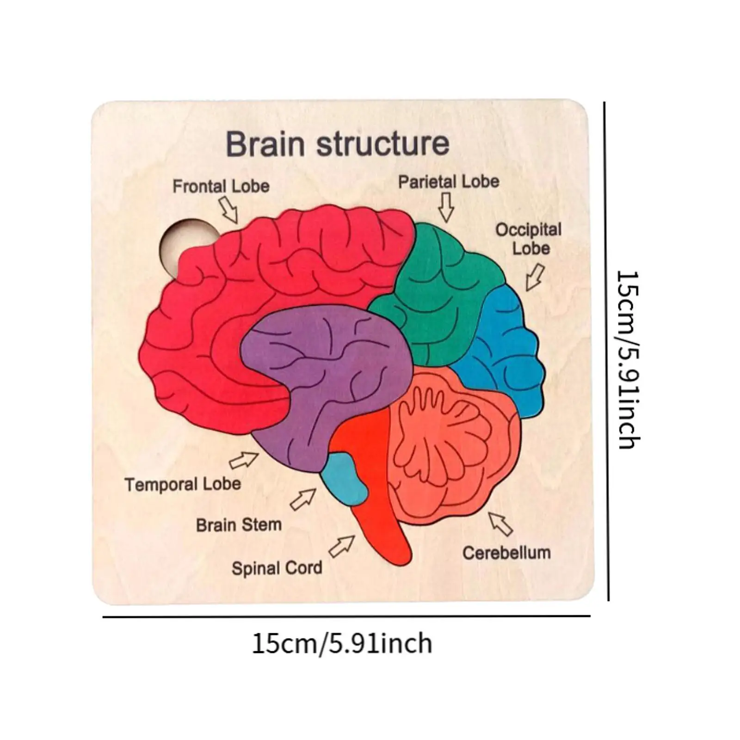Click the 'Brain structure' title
pos(337,144)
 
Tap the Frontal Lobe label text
pos(221,186)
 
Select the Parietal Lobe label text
pos(449,182)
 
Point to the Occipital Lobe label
pos(529,239)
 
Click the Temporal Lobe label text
pos(183,484)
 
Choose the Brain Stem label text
pos(239,525)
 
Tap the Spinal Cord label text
pos(277,568)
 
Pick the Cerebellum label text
pos(506,553)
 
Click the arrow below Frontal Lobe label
pos(228,210)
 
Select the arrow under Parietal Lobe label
pos(446,207)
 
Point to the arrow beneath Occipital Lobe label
pos(535,277)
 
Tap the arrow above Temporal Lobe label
pos(244,460)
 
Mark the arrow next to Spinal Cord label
pos(342,546)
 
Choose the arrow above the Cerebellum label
pos(501,524)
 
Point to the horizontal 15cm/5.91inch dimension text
pos(342,643)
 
